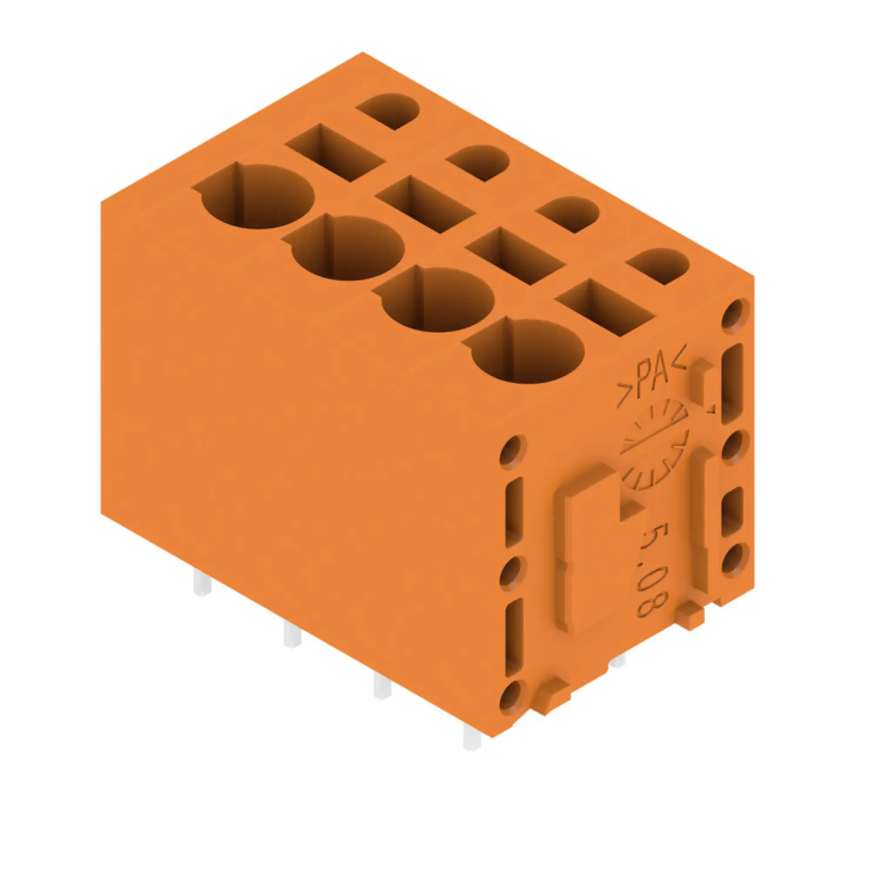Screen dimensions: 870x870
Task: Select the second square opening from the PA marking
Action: (515, 255)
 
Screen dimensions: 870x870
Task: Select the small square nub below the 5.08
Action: (690, 618)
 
